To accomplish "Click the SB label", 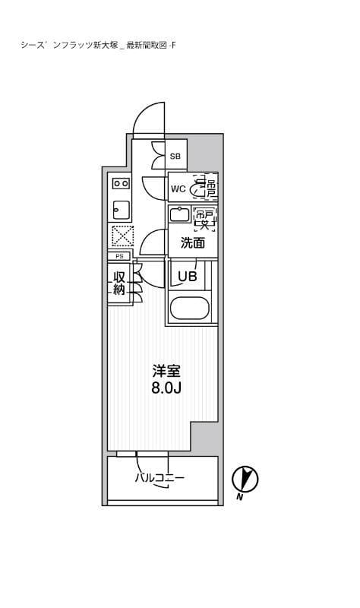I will pos(175,157).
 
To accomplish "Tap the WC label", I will pos(178,188).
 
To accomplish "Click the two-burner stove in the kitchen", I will pos(120,183).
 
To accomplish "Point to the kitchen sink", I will pos(120,209).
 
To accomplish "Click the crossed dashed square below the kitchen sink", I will pos(122,236).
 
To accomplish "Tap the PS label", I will pos(119,257).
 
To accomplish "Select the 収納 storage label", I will pos(119,283).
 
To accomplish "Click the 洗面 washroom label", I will pos(193,244).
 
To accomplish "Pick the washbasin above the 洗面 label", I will pos(180,215).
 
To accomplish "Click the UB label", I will pos(187,277).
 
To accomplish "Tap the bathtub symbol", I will pos(191,309).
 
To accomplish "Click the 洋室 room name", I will pos(166,372).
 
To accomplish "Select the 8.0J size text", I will pos(166,388).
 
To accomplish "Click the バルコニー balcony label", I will pos(160,478).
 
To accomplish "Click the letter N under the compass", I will pos(239,497).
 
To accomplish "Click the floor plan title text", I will pos(99,46).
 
